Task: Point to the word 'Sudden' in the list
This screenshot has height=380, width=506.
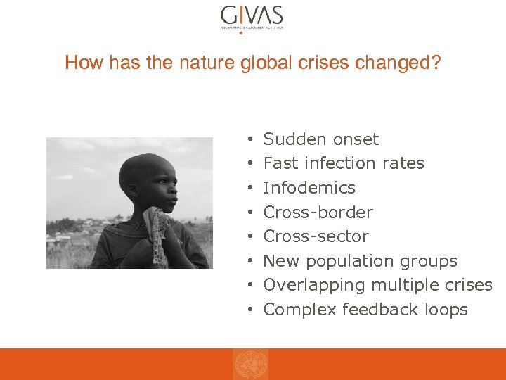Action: (x=291, y=139)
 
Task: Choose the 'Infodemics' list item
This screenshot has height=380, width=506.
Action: (x=309, y=188)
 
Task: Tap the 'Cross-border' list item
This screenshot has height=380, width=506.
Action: (x=318, y=213)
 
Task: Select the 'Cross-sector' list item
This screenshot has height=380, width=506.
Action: (x=316, y=236)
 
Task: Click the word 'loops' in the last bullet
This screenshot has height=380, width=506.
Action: (x=446, y=310)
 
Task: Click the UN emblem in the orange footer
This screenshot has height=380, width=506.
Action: (x=251, y=365)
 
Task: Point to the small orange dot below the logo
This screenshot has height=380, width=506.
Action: (x=241, y=32)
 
